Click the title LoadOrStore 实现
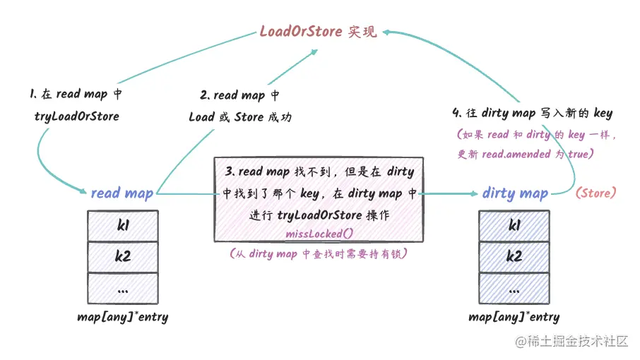319,32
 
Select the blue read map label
122,193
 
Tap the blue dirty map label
514,193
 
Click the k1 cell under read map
122,225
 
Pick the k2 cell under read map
122,256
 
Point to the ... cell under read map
122,287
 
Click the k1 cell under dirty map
514,225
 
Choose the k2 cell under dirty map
514,256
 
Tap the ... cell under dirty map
514,287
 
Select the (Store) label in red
596,193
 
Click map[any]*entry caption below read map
122,317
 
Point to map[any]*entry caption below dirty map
514,317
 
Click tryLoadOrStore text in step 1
76,116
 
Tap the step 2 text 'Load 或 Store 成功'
240,117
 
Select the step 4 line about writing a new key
532,113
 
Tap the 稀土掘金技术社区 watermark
571,342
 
